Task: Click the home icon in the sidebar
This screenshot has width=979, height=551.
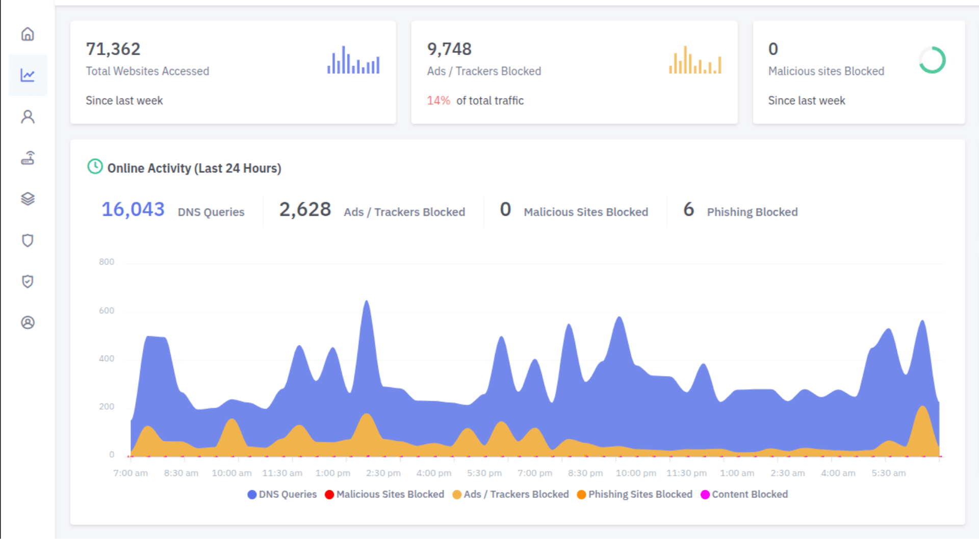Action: click(x=28, y=34)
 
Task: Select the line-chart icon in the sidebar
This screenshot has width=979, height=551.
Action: click(x=28, y=76)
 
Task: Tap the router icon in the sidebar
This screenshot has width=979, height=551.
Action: click(x=28, y=158)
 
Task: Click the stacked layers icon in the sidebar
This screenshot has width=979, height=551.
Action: click(x=28, y=199)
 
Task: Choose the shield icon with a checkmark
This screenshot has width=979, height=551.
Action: click(x=28, y=282)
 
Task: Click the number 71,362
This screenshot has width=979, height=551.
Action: click(x=113, y=49)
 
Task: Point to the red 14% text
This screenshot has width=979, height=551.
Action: click(x=438, y=101)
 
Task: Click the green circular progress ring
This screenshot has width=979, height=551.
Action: click(x=932, y=60)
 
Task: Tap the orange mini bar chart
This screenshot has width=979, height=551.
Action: click(x=695, y=61)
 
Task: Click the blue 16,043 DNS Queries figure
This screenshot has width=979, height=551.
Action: click(x=133, y=210)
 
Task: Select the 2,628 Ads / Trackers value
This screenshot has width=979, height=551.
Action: click(x=305, y=210)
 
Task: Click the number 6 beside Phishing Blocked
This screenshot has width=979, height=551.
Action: click(x=688, y=210)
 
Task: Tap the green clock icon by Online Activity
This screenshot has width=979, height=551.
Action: click(x=95, y=166)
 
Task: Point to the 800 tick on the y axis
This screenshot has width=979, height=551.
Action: click(x=107, y=262)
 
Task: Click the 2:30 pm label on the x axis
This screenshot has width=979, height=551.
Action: click(x=383, y=473)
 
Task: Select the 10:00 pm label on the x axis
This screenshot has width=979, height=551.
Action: click(x=635, y=473)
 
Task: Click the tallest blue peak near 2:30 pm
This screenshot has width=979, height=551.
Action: click(x=367, y=303)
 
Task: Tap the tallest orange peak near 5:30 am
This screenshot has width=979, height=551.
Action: click(x=922, y=408)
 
